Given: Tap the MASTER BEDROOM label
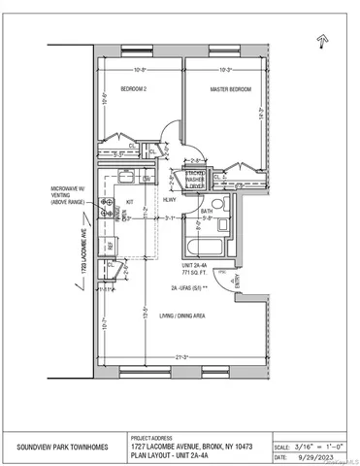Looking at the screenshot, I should [231, 89].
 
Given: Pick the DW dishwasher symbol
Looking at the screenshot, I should [146, 179].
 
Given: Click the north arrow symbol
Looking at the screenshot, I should [320, 40].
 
